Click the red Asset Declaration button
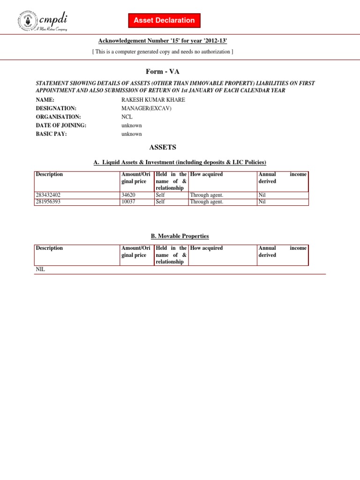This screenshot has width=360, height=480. tap(164, 21)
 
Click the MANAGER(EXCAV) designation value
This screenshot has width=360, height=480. tap(143, 108)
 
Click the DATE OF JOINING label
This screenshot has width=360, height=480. tap(61, 125)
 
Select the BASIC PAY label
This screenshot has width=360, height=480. tap(51, 134)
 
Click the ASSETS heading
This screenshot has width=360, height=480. tap(163, 147)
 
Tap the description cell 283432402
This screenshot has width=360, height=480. tap(48, 195)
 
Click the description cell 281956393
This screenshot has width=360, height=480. tap(48, 202)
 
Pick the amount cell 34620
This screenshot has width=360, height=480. tap(128, 195)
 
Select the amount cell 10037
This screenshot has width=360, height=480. tap(128, 202)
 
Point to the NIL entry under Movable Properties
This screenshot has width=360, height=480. tap(40, 270)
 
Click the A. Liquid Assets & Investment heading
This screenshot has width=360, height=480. tap(180, 162)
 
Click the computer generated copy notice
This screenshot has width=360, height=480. tap(162, 52)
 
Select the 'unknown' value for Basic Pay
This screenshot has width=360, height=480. tap(131, 134)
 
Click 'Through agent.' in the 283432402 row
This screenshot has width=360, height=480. tap(207, 195)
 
